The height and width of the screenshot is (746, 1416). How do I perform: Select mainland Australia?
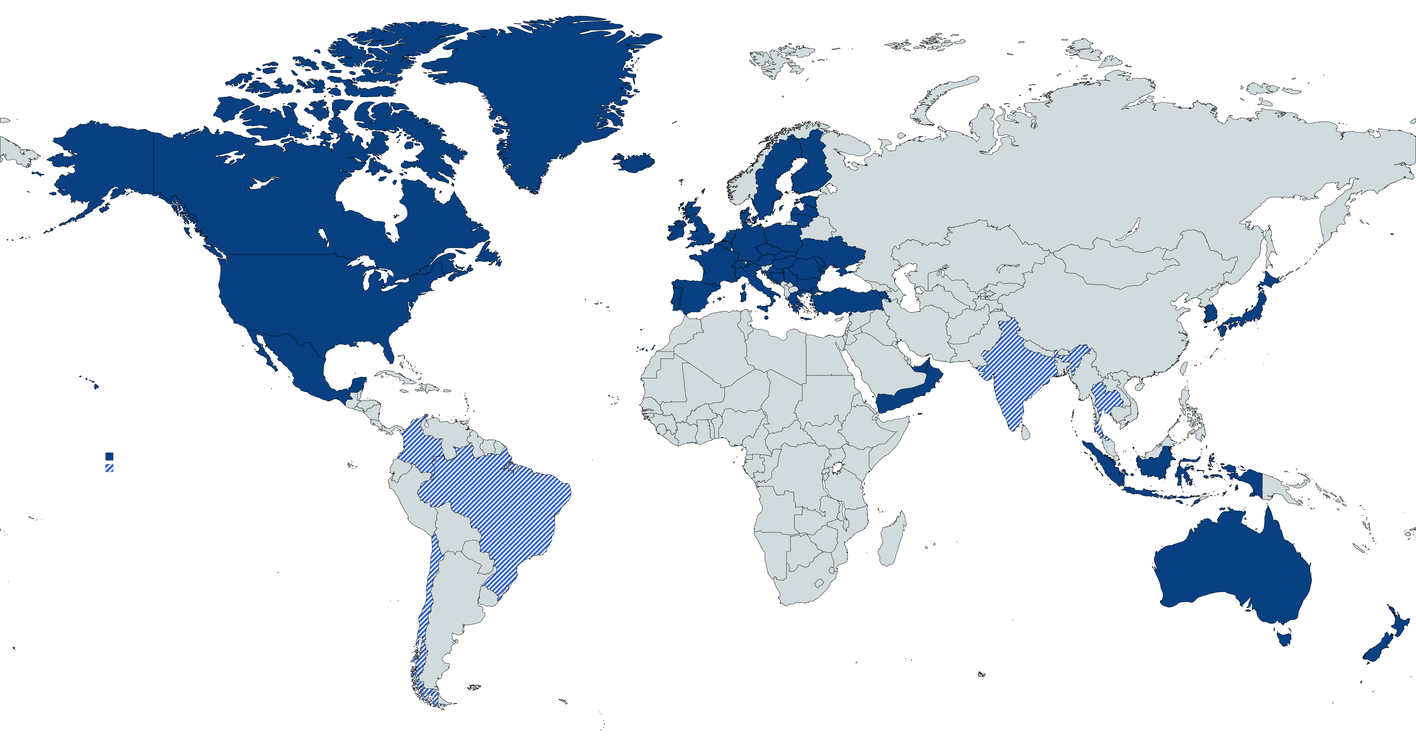[x=1231, y=572]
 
